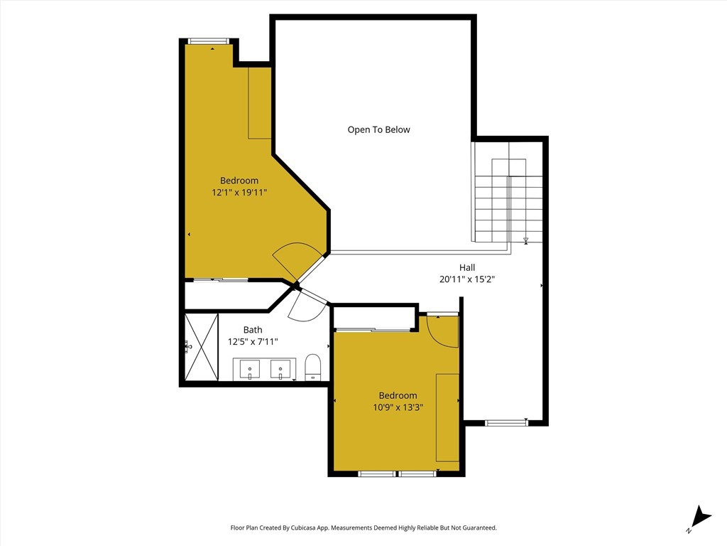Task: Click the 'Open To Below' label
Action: click(x=379, y=129)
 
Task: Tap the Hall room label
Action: click(x=467, y=267)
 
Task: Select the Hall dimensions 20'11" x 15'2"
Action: click(x=467, y=279)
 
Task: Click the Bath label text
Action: click(x=253, y=330)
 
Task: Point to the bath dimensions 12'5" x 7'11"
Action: click(x=253, y=342)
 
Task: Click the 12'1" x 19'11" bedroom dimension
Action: click(x=239, y=192)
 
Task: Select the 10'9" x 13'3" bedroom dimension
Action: click(x=398, y=407)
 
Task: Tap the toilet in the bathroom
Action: click(x=313, y=368)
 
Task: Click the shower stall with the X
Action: click(x=202, y=347)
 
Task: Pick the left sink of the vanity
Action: click(x=250, y=370)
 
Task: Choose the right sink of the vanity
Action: click(x=280, y=370)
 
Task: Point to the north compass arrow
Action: click(x=699, y=518)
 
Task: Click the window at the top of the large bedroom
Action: click(x=209, y=41)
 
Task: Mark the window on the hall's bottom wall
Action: click(x=506, y=422)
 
